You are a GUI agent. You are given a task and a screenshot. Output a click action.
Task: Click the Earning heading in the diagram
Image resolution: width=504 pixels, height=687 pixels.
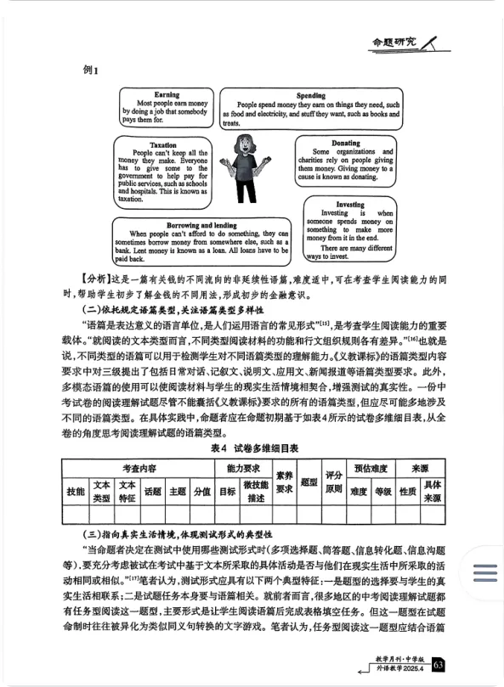[167, 94]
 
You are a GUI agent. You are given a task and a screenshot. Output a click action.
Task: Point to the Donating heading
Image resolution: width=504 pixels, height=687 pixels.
[346, 143]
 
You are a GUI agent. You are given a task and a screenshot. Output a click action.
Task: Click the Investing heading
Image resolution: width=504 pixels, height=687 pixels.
[350, 205]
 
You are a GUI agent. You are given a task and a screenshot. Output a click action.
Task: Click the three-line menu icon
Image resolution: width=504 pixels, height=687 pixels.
[484, 575]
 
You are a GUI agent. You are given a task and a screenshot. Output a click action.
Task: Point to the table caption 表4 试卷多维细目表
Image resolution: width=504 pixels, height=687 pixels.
[252, 448]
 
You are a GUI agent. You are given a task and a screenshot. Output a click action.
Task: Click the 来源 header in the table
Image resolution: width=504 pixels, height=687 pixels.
[420, 468]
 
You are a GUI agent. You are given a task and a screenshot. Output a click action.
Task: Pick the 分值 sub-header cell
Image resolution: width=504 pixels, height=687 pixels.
[201, 492]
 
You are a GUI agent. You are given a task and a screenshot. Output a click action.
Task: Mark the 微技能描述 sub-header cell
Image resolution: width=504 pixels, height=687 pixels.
[256, 492]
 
